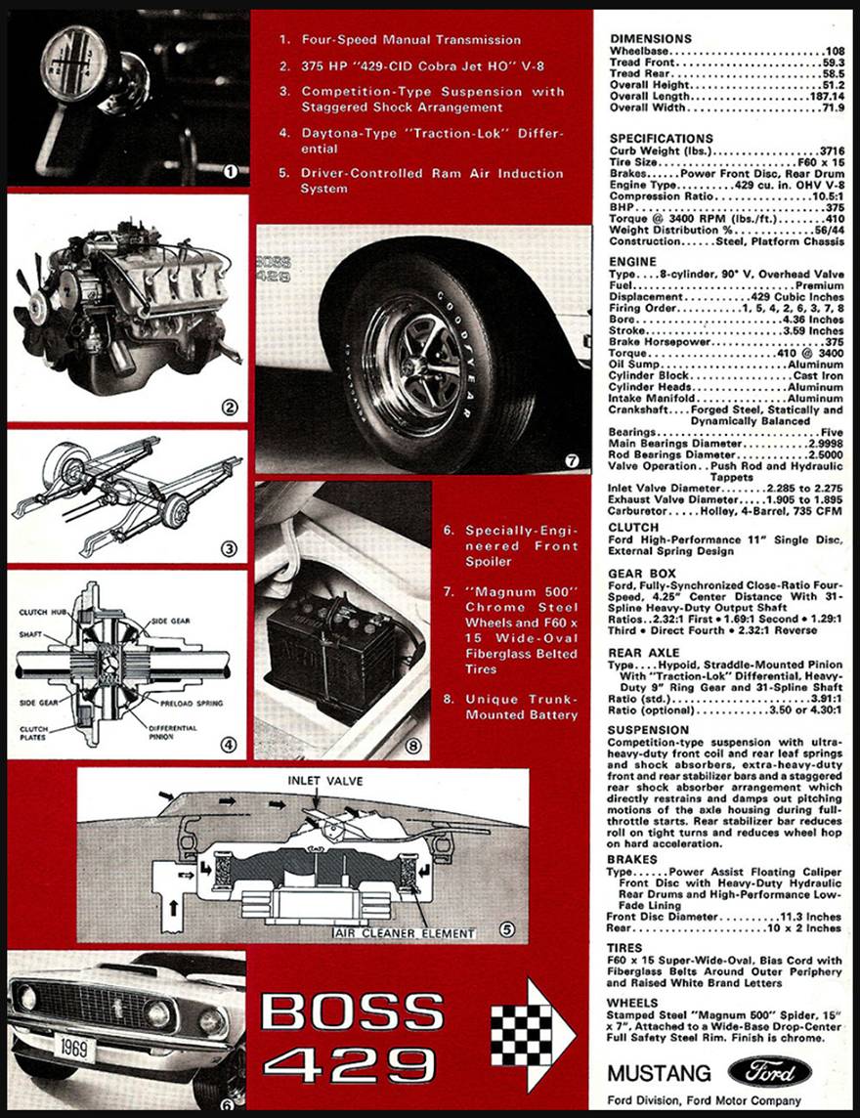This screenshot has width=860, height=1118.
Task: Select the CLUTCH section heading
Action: coord(633,527)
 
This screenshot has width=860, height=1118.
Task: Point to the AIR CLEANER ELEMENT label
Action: coord(405,933)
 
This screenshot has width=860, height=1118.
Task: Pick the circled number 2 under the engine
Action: coord(228,408)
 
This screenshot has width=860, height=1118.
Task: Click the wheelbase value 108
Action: coord(835,51)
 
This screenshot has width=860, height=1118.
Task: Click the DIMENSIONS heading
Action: coord(650,38)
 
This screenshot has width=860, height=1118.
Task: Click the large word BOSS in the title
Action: coord(353,1012)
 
